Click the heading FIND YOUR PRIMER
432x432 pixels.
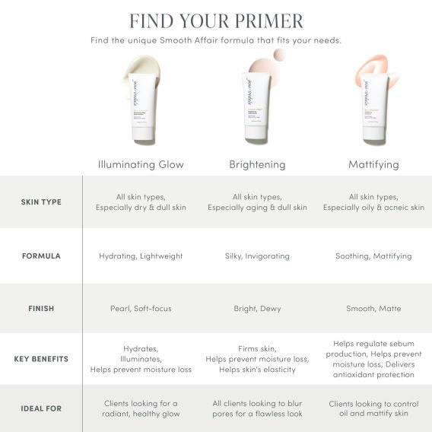(x=216, y=21)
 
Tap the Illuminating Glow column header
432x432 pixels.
(x=141, y=164)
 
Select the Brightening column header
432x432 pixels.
(x=257, y=164)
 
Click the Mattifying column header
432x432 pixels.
(x=373, y=164)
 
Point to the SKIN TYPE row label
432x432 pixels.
(x=41, y=202)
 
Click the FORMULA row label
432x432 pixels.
(x=41, y=256)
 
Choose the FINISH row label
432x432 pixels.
(x=41, y=309)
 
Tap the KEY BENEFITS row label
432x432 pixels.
(x=41, y=358)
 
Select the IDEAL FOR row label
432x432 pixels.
(x=41, y=408)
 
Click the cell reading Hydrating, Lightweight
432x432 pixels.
(x=141, y=256)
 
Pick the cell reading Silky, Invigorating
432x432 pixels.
(x=257, y=256)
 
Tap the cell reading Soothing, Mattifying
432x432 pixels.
(x=373, y=256)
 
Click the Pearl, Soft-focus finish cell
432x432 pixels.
(x=141, y=309)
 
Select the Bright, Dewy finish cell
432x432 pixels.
(x=257, y=309)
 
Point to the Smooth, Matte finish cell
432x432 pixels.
(x=373, y=309)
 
